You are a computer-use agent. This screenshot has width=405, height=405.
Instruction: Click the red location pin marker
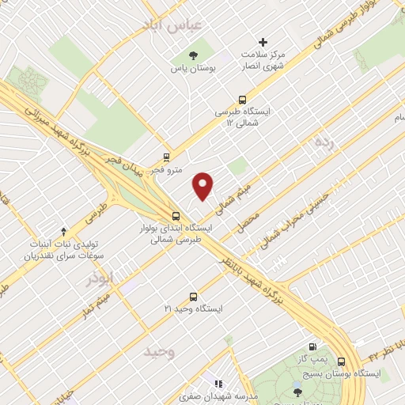(203, 186)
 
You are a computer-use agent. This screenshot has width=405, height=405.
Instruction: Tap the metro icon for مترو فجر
(166, 157)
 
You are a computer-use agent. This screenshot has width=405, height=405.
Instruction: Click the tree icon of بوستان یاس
(193, 55)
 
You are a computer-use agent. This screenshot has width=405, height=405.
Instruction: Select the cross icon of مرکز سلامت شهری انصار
(263, 41)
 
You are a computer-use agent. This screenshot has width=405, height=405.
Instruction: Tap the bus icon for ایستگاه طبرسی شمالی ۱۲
(242, 100)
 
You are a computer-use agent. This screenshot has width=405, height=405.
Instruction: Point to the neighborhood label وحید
(159, 351)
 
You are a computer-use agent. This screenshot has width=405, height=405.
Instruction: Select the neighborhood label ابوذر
(100, 278)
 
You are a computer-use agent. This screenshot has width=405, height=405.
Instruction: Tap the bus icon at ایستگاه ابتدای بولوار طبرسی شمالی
(176, 216)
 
